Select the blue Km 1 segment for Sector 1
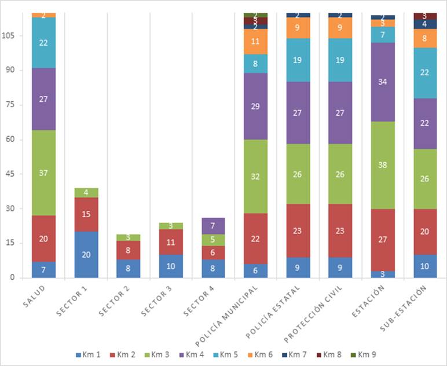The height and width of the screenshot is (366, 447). [86, 254]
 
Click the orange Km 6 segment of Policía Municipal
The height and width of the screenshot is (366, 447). [256, 41]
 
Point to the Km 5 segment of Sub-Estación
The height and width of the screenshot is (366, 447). [426, 72]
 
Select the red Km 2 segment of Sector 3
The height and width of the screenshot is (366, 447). [171, 242]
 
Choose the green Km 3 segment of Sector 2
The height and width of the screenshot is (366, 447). [129, 237]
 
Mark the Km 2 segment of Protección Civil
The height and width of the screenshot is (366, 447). [340, 230]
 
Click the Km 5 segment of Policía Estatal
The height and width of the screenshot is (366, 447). [298, 60]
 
